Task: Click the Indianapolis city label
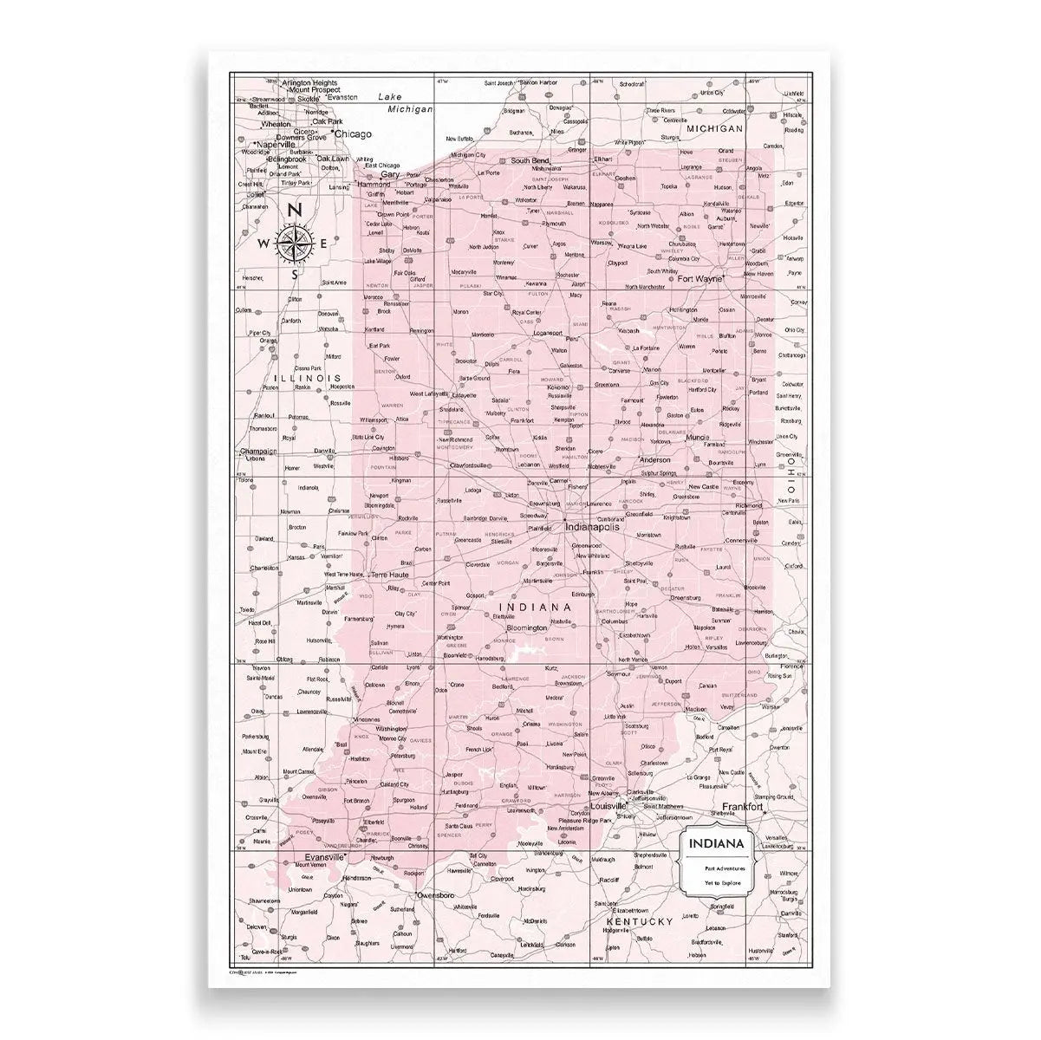point(594,526)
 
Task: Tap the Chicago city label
point(352,134)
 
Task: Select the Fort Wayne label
point(702,279)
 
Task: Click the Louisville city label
point(608,806)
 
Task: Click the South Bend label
point(530,160)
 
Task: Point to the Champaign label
point(259,452)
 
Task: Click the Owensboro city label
point(436,894)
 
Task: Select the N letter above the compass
point(295,210)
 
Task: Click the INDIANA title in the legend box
point(715,843)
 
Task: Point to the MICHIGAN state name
point(715,128)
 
